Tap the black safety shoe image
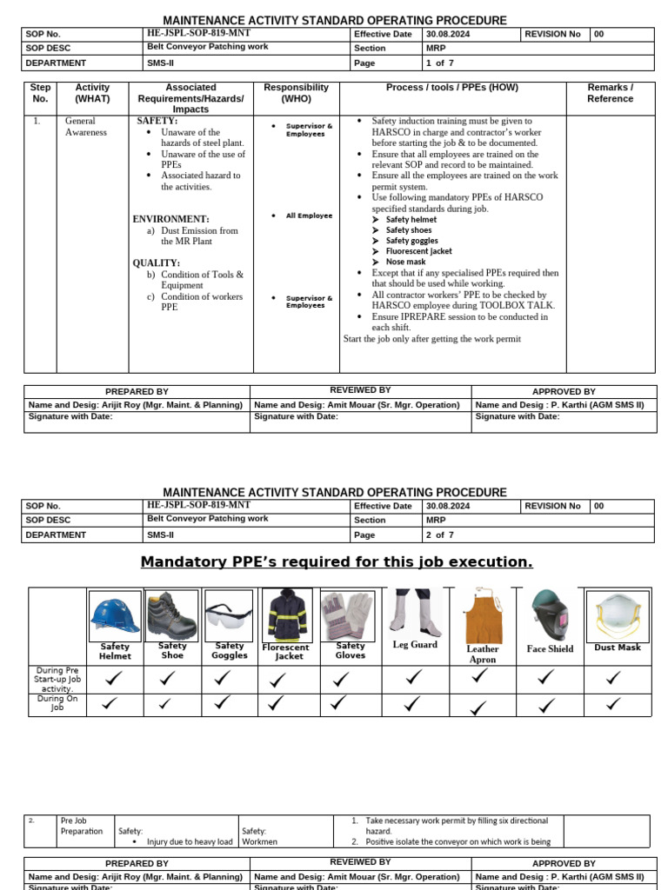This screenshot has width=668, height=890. coord(171,614)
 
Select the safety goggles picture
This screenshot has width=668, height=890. coord(229,615)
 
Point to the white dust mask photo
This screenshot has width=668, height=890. coord(618,616)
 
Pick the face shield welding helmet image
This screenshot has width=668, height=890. coord(549,615)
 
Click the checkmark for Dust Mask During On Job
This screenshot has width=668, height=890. coord(614,704)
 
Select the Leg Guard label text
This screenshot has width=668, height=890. coord(415,645)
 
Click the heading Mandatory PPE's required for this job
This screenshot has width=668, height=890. coord(337,562)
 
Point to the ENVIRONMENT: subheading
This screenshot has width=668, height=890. coord(170,219)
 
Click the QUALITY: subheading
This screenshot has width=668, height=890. coord(157,262)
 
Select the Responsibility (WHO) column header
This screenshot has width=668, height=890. coord(296,93)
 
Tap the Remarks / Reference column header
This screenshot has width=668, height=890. coord(610,93)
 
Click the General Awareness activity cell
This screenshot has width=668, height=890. coord(86,127)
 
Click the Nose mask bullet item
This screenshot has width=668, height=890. coord(405,262)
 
